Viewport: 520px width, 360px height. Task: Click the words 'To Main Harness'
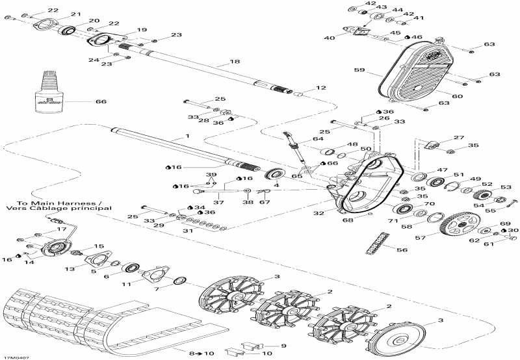(41, 201)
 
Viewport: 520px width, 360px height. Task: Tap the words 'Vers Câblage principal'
(57, 209)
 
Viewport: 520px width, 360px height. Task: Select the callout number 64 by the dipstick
(317, 139)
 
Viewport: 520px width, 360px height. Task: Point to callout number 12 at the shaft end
(319, 88)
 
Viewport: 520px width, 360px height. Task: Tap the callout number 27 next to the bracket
(460, 138)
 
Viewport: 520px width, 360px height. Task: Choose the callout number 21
(75, 14)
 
